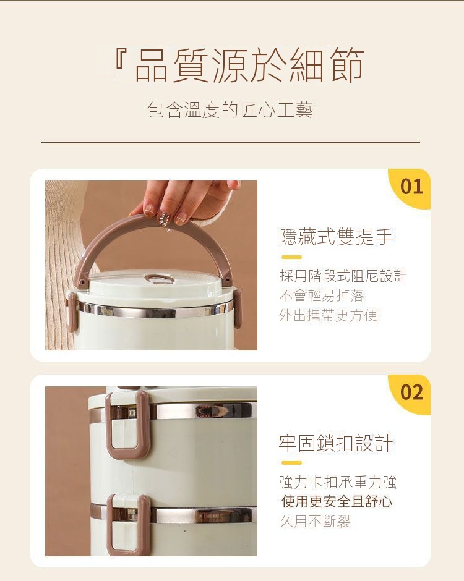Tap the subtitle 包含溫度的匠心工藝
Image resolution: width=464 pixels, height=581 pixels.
click(230, 110)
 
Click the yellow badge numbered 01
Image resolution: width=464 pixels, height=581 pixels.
click(410, 189)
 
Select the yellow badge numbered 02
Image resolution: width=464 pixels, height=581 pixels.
click(410, 394)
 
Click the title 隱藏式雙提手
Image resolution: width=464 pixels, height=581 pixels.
click(336, 237)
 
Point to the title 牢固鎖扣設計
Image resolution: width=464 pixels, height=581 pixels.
click(336, 443)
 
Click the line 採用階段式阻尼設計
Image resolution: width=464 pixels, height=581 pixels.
click(343, 276)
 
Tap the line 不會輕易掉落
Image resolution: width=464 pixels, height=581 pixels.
click(322, 295)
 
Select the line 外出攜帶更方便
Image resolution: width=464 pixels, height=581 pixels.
click(329, 315)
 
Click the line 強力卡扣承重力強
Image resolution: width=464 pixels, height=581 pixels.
click(338, 482)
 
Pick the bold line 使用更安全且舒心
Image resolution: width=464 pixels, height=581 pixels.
click(337, 502)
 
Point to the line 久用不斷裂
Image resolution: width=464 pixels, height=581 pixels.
click(315, 521)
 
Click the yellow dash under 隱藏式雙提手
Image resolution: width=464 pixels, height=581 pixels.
click(291, 257)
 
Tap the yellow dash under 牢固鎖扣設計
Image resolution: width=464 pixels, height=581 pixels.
click(291, 463)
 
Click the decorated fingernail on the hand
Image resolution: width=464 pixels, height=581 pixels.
click(163, 218)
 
